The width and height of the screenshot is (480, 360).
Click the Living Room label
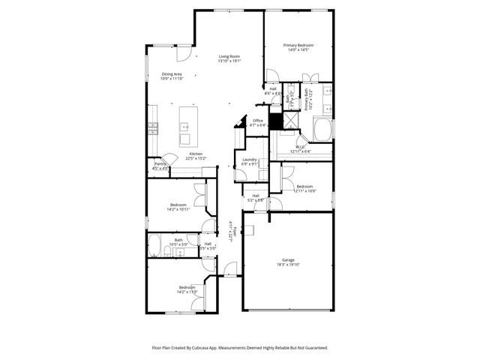(x=229, y=57)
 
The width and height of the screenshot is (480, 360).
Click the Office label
(x=258, y=121)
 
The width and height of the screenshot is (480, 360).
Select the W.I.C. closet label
(x=298, y=147)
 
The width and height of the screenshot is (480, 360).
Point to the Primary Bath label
(x=307, y=100)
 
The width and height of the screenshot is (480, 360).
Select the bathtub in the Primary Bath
(x=325, y=130)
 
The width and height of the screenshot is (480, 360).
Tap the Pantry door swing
(x=169, y=159)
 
